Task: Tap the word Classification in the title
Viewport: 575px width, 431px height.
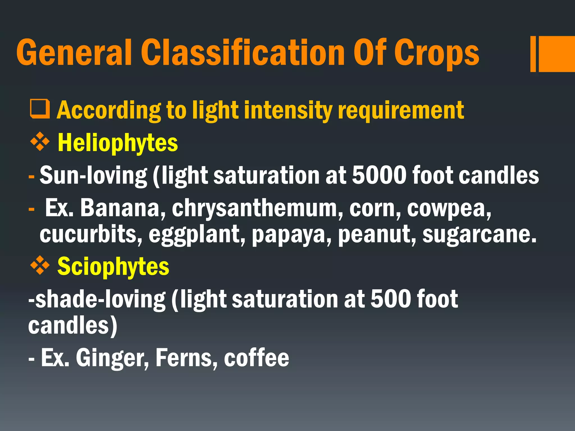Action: tap(243, 52)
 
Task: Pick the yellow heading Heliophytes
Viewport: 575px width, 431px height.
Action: tap(118, 143)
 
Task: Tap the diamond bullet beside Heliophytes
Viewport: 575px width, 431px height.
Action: tap(40, 142)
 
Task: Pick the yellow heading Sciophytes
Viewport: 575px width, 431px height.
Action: tap(113, 267)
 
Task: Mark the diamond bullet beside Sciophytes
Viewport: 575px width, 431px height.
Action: tap(40, 265)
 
